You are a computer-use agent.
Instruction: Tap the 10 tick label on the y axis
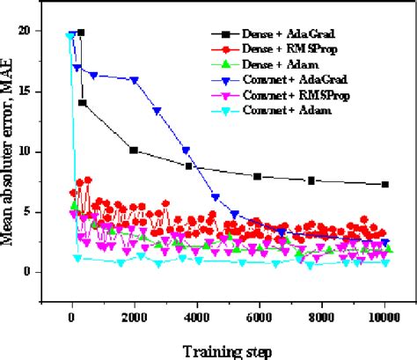pos(30,151)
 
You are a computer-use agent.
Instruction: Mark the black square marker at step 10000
pos(384,184)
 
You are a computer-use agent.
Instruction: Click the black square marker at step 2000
pos(134,151)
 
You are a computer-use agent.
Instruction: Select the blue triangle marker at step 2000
pos(134,79)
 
